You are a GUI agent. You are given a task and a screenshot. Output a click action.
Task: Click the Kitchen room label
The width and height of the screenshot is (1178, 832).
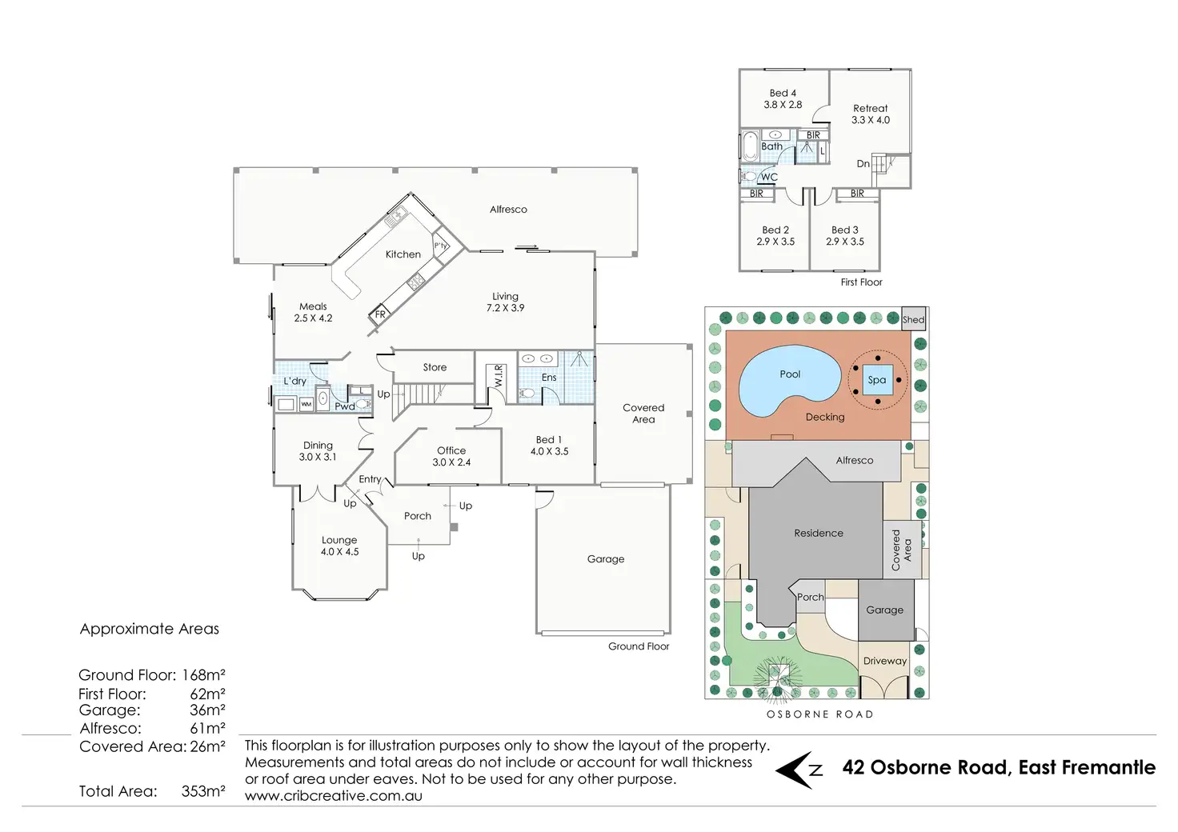click(x=403, y=254)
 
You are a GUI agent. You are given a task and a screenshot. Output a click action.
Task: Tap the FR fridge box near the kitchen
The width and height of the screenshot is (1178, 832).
click(x=379, y=314)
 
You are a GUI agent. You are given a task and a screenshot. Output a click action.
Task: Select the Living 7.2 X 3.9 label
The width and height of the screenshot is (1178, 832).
click(x=505, y=302)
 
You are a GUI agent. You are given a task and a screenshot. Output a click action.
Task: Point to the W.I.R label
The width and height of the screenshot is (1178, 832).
click(x=499, y=377)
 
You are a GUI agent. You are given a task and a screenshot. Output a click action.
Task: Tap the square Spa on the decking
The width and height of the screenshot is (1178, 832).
click(x=877, y=380)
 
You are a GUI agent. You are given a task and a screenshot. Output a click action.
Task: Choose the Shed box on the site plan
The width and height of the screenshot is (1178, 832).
click(x=913, y=319)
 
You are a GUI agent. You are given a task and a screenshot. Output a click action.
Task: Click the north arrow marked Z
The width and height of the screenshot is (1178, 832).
click(x=800, y=770)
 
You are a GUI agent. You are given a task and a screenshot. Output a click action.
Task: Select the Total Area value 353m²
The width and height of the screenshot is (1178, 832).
click(x=203, y=791)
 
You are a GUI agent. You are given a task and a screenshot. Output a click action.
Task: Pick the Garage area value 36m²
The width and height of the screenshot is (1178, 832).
click(x=207, y=710)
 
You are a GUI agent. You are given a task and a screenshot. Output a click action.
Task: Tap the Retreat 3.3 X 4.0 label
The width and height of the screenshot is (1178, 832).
click(x=870, y=114)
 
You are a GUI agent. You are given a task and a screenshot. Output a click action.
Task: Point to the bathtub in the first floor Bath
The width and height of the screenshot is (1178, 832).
click(x=751, y=146)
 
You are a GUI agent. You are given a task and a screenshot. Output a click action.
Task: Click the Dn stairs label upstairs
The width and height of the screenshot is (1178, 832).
click(x=863, y=164)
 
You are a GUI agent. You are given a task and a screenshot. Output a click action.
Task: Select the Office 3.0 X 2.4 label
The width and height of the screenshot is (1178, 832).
click(x=451, y=456)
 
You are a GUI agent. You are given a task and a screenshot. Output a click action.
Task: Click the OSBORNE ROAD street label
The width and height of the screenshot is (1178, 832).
click(x=819, y=714)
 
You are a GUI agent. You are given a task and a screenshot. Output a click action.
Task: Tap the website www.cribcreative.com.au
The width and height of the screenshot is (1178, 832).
click(x=333, y=796)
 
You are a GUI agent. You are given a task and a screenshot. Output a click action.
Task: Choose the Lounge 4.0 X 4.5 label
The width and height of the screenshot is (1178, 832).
click(x=339, y=546)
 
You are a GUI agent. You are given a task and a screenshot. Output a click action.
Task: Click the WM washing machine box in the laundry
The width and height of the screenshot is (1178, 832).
click(x=306, y=405)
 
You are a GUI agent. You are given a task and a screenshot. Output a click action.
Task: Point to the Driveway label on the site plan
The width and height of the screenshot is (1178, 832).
click(x=884, y=661)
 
